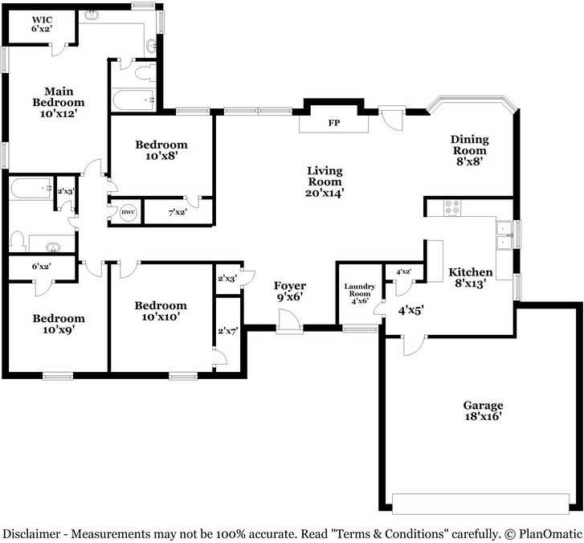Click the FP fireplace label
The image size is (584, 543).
click(334, 123)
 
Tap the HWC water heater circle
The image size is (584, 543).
click(129, 212)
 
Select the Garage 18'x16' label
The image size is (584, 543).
click(483, 410)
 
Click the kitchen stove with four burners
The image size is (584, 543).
click(452, 208)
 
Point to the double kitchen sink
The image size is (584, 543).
click(504, 235)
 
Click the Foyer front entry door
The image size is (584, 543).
click(289, 320)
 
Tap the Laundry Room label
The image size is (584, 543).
click(359, 293)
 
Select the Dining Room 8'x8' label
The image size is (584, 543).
click(470, 150)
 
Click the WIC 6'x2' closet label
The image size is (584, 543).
click(42, 24)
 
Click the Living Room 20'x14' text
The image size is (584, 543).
click(325, 182)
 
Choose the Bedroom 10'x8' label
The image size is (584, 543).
click(161, 149)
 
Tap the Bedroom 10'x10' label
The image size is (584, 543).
click(161, 311)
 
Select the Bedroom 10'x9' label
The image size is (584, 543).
click(59, 324)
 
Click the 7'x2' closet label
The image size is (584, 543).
click(178, 213)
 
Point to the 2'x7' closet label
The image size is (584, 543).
click(227, 330)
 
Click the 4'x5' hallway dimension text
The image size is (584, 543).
click(410, 310)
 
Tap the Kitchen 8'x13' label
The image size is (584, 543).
click(471, 277)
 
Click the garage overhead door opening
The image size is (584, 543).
click(480, 504)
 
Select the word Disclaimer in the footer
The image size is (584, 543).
click(31, 533)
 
